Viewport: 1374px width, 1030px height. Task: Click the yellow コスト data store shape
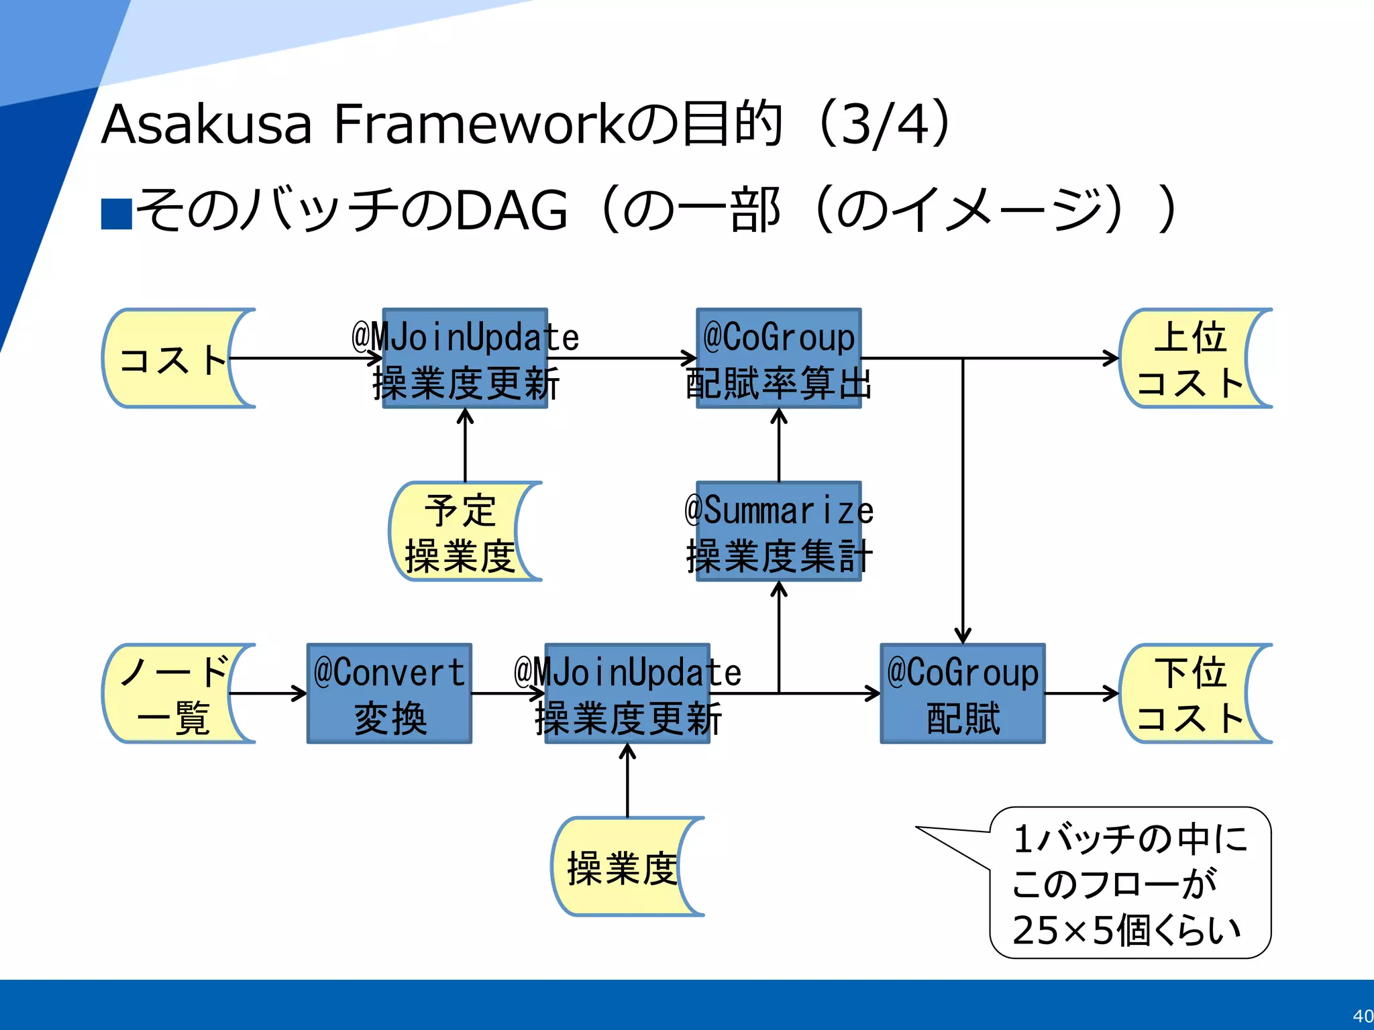171,359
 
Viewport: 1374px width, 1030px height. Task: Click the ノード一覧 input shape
171,693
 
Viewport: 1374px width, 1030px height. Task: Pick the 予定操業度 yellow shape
460,531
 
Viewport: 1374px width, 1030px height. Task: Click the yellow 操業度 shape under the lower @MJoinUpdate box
621,866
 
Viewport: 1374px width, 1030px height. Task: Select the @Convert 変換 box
389,693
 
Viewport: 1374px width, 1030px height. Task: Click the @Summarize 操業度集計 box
778,531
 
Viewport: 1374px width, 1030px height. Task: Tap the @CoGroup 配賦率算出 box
778,359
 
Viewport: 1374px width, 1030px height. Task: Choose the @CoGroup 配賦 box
963,693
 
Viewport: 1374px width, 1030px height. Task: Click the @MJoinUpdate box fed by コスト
465,359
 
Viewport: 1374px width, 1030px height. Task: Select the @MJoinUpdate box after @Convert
627,693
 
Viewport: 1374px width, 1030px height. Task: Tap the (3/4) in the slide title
884,124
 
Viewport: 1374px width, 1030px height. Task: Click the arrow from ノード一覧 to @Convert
268,693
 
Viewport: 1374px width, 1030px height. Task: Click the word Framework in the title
480,124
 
